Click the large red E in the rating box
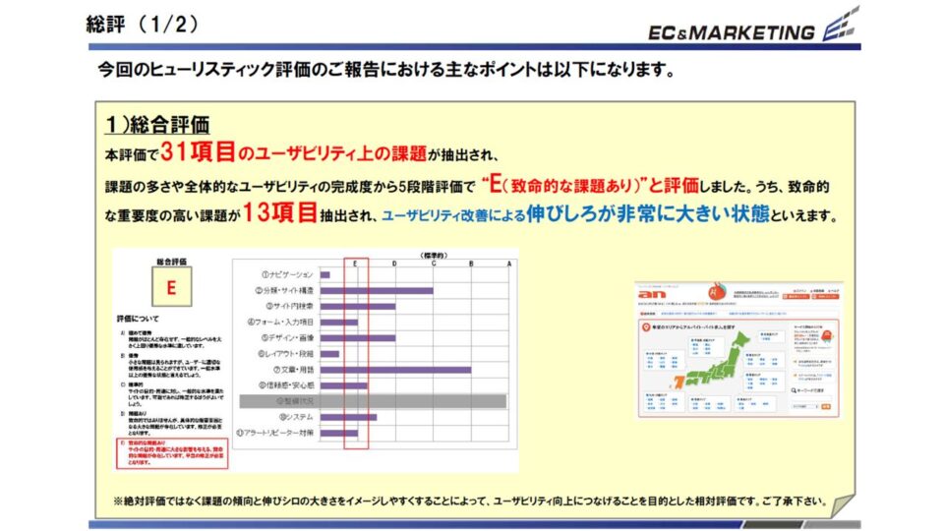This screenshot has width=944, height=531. pos(171,289)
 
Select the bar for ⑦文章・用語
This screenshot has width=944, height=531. pos(395,370)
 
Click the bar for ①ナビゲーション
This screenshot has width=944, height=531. pos(325,274)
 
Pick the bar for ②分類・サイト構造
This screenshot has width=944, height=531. pos(377,291)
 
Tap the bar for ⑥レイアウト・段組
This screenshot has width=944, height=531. pos(329,354)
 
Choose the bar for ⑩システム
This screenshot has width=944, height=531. pos(348,417)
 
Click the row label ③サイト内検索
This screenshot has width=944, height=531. pos(286,307)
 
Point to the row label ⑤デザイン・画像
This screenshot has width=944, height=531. pos(284,338)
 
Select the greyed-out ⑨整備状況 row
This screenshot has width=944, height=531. pos(374,401)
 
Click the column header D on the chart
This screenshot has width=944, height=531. pos(394,263)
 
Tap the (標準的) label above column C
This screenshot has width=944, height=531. pos(433,255)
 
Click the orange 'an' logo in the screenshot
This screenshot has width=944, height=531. pos(652,295)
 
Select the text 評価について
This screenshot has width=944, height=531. pos(138,320)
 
